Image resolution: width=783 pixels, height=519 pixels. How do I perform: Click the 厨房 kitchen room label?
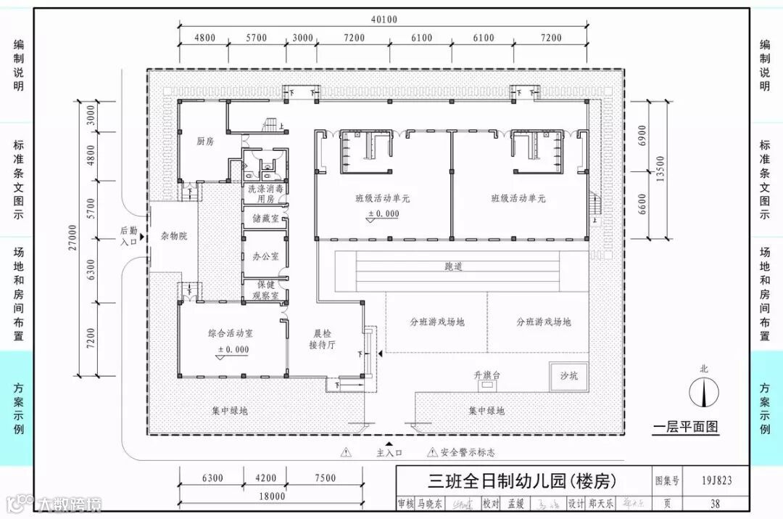205,142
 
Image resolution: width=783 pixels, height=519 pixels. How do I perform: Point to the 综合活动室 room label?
230,334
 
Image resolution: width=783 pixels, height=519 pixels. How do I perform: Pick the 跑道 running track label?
454,267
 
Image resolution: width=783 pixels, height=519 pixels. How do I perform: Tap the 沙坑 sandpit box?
568,375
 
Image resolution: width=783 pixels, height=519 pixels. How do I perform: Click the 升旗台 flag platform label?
488,375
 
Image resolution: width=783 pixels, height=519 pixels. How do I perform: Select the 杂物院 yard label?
173,237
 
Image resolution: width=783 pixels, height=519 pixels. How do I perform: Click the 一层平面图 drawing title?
685,427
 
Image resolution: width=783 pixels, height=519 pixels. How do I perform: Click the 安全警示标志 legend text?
468,452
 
